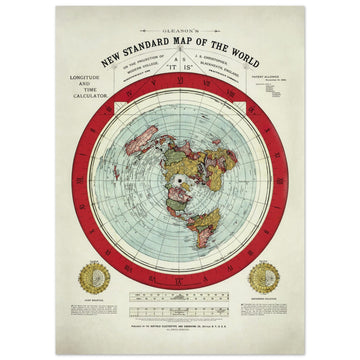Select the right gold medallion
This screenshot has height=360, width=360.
click(x=267, y=277)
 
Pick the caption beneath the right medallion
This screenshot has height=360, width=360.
click(x=267, y=299)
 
